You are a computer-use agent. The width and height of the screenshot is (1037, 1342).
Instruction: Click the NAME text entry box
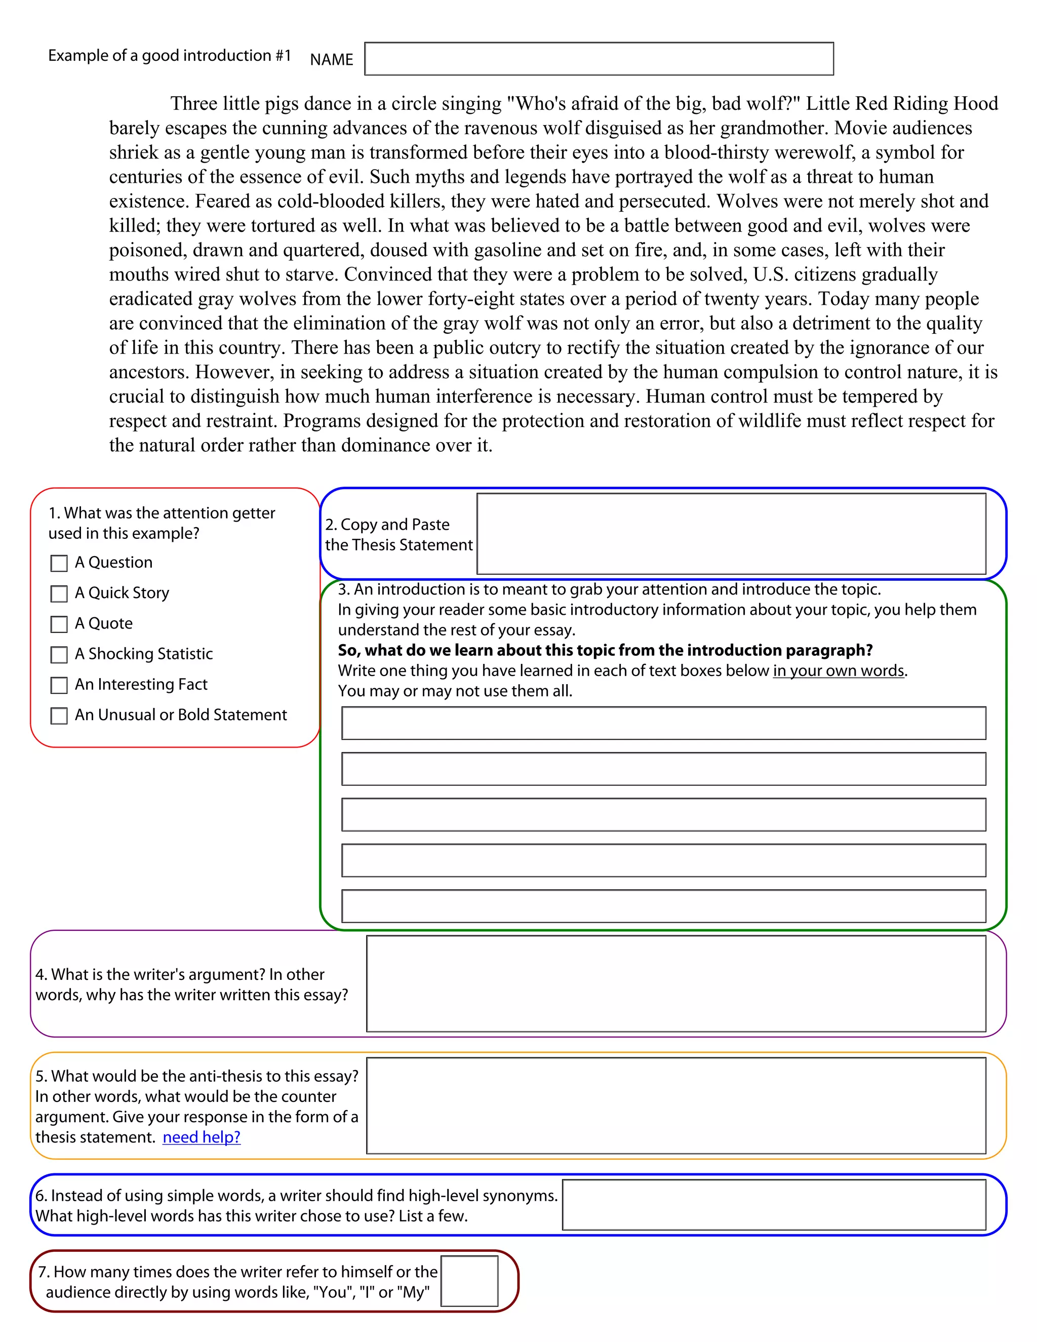click(599, 59)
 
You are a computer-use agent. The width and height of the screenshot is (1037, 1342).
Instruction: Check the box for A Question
click(59, 563)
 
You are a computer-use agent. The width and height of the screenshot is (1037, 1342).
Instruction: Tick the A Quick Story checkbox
click(59, 594)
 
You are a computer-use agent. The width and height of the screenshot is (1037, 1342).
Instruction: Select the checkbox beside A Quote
click(59, 624)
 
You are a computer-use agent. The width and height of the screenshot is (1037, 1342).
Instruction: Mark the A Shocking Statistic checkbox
click(59, 654)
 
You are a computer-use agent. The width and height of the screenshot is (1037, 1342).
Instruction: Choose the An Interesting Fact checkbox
click(59, 685)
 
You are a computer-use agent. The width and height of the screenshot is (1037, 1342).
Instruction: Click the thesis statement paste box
click(731, 533)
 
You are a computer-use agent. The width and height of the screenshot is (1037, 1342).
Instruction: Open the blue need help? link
click(202, 1137)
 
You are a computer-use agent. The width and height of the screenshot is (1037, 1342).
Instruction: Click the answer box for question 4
click(676, 983)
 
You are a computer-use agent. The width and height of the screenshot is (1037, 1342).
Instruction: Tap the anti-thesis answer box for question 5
click(676, 1106)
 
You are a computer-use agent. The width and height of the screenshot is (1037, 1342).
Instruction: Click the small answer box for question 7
click(469, 1281)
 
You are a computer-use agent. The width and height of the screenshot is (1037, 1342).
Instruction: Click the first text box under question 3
click(663, 723)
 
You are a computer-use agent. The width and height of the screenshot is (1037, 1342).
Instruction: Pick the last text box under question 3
click(663, 906)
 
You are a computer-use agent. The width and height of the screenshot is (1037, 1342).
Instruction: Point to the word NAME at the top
click(332, 60)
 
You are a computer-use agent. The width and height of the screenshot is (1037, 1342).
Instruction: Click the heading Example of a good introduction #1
click(170, 55)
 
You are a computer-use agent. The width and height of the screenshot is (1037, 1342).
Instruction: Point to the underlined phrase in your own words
click(838, 670)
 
